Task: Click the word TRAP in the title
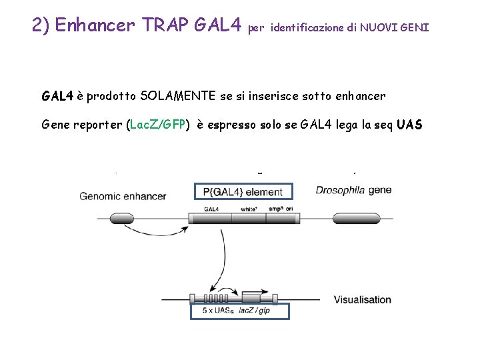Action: coord(165,25)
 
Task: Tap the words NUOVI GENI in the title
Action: coord(396,28)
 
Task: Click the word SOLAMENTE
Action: coord(178,96)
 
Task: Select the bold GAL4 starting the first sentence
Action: coord(57,96)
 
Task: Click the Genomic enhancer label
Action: coord(123,196)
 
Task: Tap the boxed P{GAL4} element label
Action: coord(243,192)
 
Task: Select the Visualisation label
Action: coord(362,299)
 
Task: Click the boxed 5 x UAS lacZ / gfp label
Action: coord(239,311)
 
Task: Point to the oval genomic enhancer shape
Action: coord(121,217)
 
